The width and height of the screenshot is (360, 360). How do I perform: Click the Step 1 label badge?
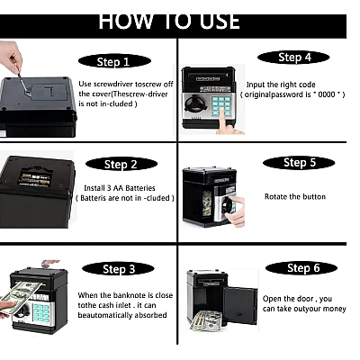click(x=114, y=61)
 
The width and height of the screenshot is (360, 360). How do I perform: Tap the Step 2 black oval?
click(x=121, y=164)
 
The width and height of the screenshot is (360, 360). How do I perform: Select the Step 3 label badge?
click(x=118, y=269)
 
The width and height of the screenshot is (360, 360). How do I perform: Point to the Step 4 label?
click(x=293, y=57)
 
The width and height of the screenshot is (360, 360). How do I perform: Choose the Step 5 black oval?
click(x=299, y=163)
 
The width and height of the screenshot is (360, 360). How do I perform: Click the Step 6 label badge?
click(x=301, y=268)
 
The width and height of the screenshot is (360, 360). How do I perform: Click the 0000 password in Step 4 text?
click(x=327, y=94)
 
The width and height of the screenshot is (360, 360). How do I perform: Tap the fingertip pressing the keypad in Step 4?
click(x=222, y=112)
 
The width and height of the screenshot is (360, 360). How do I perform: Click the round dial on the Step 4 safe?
click(x=193, y=103)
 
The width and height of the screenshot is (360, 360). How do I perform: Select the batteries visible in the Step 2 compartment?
click(x=35, y=179)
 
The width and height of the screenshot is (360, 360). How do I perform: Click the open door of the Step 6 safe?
click(x=240, y=305)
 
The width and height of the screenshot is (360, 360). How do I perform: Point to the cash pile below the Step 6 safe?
click(x=209, y=321)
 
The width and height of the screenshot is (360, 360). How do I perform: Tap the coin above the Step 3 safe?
click(x=47, y=264)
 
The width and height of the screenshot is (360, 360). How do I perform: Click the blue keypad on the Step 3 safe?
click(x=41, y=313)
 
